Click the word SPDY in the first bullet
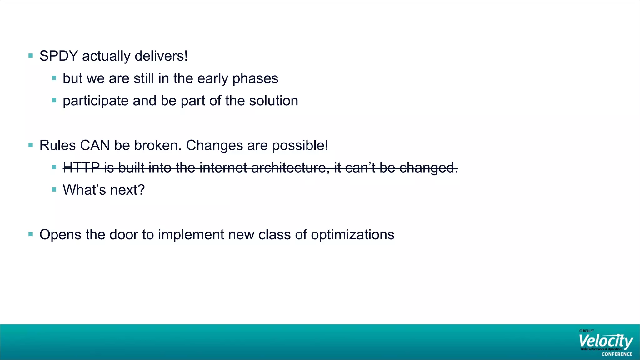click(58, 56)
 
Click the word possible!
click(300, 146)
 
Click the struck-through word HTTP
click(81, 168)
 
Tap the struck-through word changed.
click(428, 168)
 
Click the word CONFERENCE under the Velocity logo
click(617, 354)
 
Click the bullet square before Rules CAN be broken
click(31, 145)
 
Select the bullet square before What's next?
click(54, 189)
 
